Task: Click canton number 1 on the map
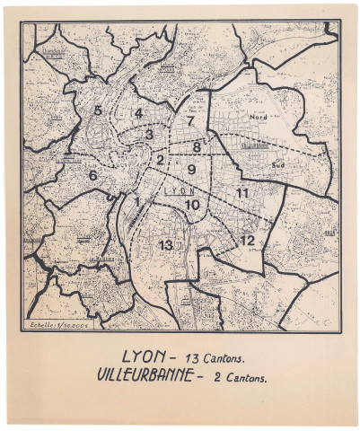tap(136, 201)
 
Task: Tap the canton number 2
tap(160, 160)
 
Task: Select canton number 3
tap(149, 134)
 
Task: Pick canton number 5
tap(97, 110)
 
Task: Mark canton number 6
tap(92, 175)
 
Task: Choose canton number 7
tap(190, 120)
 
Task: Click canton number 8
tap(197, 145)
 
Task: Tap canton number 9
tap(190, 169)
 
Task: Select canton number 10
tap(192, 205)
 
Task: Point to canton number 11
tap(242, 193)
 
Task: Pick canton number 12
tap(247, 240)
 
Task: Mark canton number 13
tap(165, 244)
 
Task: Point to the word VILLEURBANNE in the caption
tap(144, 374)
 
